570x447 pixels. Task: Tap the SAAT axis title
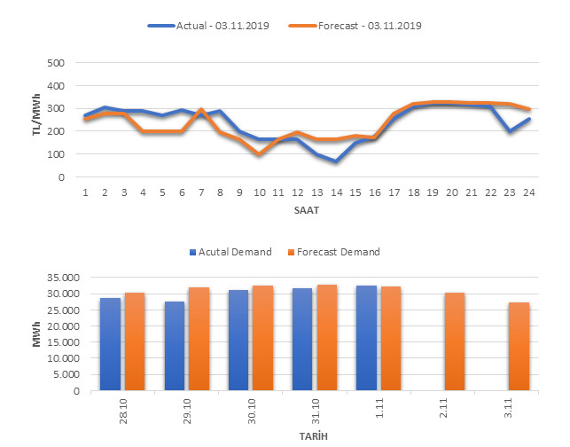(307, 210)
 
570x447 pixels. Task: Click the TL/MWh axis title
(36, 120)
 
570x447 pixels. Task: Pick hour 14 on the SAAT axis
(337, 192)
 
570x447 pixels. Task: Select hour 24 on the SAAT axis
(529, 192)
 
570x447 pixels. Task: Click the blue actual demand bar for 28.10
(110, 344)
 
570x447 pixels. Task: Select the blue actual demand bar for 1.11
(365, 338)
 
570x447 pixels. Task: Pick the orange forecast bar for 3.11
(518, 347)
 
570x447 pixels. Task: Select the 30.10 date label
(250, 410)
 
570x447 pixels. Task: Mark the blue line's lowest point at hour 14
(337, 161)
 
